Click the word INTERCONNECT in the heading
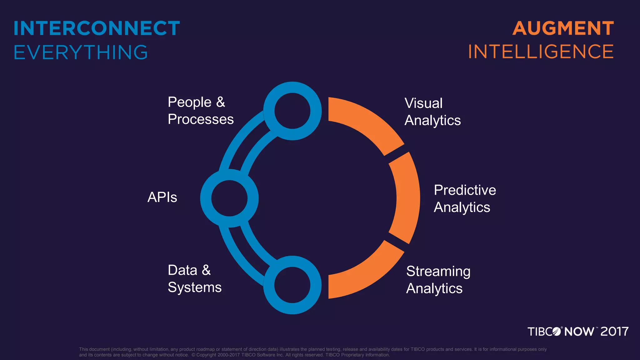coord(97,28)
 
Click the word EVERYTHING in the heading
coord(81,52)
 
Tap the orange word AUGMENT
coord(563,28)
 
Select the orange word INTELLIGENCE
coord(541,52)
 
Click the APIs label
coord(162,197)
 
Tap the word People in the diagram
coord(190,102)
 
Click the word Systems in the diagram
coord(194,287)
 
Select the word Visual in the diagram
coord(423,103)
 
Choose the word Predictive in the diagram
coord(465,190)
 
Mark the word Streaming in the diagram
coord(438,271)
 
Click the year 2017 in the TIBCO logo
coord(614,332)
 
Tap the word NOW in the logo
coord(579,332)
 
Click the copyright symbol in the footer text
coord(193,355)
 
